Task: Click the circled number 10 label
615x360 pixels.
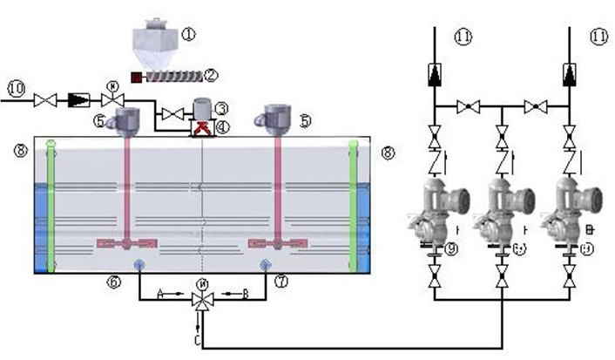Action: point(16,88)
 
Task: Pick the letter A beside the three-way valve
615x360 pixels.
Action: point(161,295)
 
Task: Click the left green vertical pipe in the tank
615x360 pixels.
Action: point(52,205)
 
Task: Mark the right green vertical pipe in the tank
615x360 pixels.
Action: point(355,205)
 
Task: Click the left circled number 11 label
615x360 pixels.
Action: point(462,36)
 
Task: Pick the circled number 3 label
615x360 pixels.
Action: point(222,108)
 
